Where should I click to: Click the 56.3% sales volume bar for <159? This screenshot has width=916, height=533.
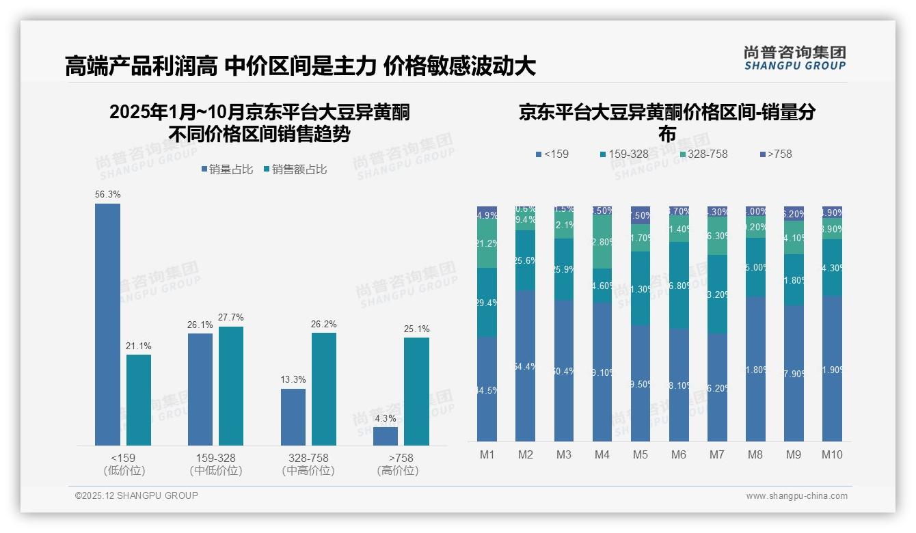(x=107, y=325)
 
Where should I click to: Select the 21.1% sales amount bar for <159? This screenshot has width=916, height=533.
(x=139, y=400)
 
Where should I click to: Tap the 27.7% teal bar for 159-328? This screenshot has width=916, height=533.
(x=230, y=386)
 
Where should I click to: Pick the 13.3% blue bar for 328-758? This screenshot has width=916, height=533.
(x=293, y=417)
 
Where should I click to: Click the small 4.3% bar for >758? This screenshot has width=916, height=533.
(x=386, y=436)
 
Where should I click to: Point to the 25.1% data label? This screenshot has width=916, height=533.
(x=416, y=329)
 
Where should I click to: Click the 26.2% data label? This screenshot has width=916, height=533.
(x=324, y=324)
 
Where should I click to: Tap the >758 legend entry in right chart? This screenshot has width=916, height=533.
(x=775, y=154)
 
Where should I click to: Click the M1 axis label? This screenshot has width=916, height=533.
(x=487, y=454)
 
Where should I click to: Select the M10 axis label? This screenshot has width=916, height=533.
(x=831, y=454)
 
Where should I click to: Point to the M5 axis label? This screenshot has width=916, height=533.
(x=640, y=454)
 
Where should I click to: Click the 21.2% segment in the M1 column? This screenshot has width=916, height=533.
(x=487, y=244)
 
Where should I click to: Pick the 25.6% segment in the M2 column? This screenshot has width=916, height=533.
(x=525, y=260)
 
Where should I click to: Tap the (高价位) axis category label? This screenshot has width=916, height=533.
(x=397, y=471)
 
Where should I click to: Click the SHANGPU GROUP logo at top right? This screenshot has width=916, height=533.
(x=794, y=58)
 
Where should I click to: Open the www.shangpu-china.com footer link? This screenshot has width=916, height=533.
(x=796, y=496)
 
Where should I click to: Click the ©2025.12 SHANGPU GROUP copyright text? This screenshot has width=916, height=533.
(x=137, y=495)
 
